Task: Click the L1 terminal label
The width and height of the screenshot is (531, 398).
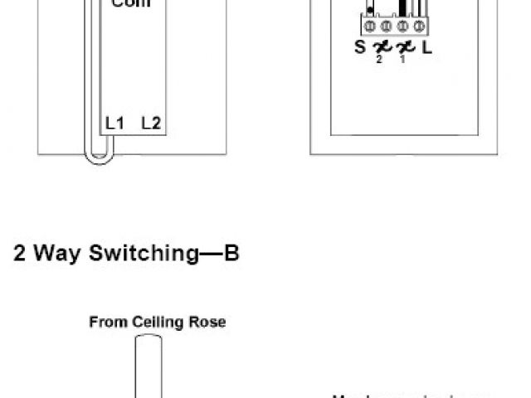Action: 114,124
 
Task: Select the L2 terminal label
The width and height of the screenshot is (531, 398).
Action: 151,124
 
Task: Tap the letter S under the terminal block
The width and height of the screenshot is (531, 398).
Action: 359,47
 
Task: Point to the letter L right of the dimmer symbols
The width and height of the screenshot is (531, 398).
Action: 426,47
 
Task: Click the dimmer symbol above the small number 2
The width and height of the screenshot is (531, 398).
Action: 382,47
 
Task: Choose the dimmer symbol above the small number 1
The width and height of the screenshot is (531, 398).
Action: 404,47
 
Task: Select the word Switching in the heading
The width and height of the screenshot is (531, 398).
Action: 140,254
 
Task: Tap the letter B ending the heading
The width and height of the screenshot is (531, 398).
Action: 231,253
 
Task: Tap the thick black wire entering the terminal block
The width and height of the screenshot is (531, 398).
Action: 403,7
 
